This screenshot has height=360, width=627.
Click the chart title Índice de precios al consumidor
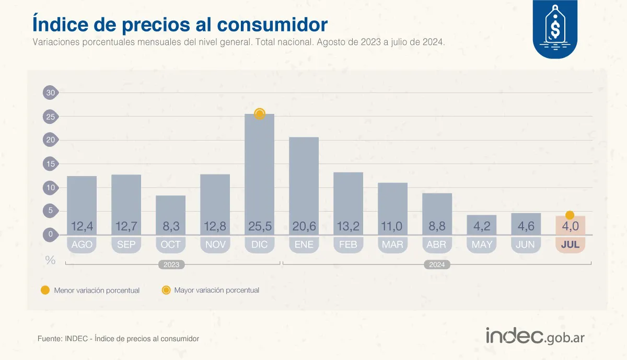pyautogui.click(x=180, y=25)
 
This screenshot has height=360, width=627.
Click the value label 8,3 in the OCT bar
pyautogui.click(x=171, y=227)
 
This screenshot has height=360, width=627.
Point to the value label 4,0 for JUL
pyautogui.click(x=570, y=227)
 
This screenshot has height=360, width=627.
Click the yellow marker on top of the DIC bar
pyautogui.click(x=260, y=114)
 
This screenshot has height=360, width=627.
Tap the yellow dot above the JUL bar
pyautogui.click(x=570, y=215)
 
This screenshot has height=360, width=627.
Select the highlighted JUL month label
pyautogui.click(x=570, y=245)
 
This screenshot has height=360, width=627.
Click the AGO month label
pyautogui.click(x=82, y=245)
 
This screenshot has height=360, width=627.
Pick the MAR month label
pyautogui.click(x=392, y=245)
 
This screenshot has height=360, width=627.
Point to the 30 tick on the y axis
pyautogui.click(x=50, y=93)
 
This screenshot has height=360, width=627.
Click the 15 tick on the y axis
pyautogui.click(x=50, y=164)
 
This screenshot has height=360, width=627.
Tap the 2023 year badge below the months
pyautogui.click(x=171, y=264)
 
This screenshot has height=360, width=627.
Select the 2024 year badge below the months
pyautogui.click(x=437, y=264)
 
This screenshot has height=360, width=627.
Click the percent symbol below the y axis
pyautogui.click(x=50, y=260)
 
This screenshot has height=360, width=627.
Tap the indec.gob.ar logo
pyautogui.click(x=535, y=336)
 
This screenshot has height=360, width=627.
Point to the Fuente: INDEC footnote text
pyautogui.click(x=118, y=339)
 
